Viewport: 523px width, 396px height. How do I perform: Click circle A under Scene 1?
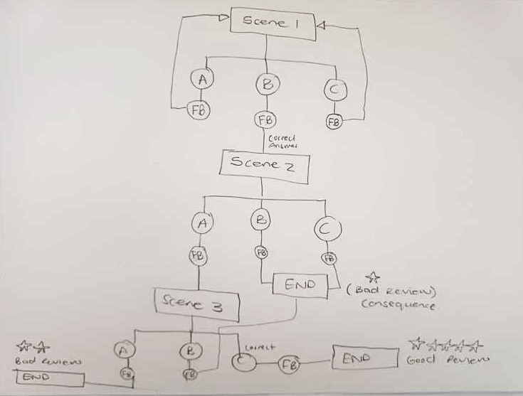202,81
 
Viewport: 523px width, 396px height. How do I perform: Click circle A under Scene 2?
202,223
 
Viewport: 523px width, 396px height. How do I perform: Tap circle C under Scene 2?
327,228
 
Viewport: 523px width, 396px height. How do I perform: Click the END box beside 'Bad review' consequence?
300,284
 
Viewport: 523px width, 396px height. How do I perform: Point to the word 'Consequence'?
398,304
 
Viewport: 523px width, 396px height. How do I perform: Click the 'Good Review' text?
448,360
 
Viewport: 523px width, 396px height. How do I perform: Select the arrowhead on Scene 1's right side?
319,26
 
